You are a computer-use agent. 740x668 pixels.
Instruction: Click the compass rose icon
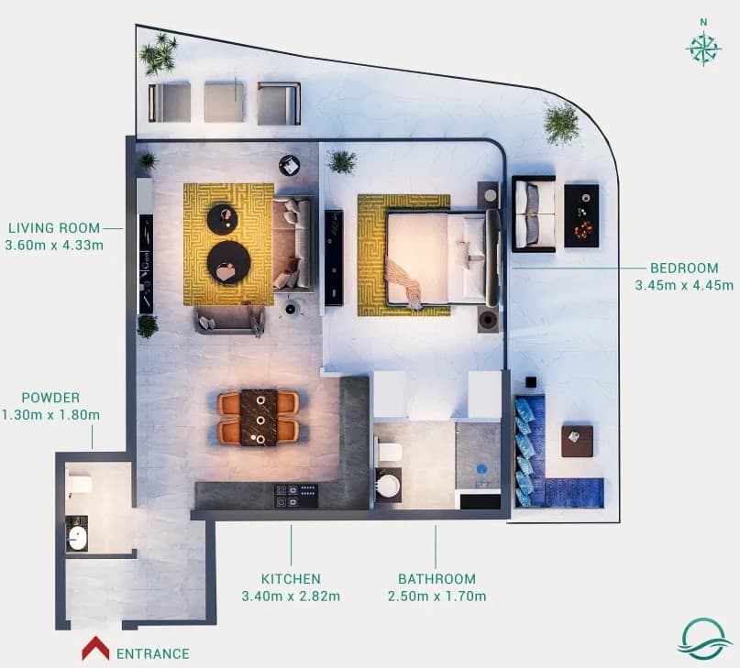click(703, 49)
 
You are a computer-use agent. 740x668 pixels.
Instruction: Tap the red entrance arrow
click(95, 648)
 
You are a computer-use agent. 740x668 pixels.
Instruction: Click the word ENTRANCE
click(153, 653)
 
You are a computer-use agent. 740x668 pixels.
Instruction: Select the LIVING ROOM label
click(54, 228)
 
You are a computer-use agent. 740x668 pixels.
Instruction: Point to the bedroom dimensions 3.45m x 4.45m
click(684, 285)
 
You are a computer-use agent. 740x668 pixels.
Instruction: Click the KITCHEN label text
click(291, 578)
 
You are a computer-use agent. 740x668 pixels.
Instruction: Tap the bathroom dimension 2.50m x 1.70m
click(437, 597)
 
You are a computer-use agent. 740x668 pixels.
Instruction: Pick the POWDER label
click(50, 397)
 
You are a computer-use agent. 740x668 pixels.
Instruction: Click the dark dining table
click(259, 418)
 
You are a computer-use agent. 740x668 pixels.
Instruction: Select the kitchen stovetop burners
click(296, 496)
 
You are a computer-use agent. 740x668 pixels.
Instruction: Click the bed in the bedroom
click(441, 258)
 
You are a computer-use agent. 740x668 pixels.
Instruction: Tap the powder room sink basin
click(77, 538)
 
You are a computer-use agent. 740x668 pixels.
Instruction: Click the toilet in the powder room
click(79, 484)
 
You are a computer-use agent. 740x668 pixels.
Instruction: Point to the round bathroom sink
click(389, 486)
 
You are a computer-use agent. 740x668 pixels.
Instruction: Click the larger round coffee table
click(229, 263)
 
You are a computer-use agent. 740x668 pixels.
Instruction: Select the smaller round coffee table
click(224, 216)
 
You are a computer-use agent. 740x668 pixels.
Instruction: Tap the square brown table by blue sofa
click(577, 441)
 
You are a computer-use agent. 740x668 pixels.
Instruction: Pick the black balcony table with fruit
click(581, 215)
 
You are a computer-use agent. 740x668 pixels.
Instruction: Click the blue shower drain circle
click(481, 469)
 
